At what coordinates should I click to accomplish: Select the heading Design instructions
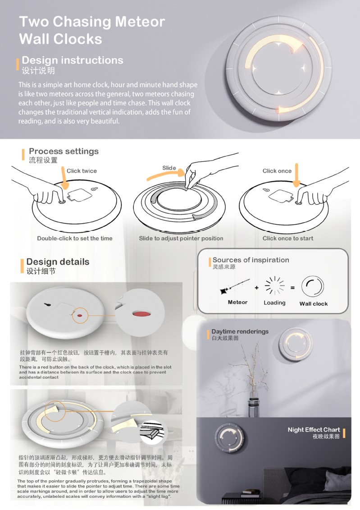(x=73, y=60)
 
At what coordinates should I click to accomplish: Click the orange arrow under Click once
(x=296, y=175)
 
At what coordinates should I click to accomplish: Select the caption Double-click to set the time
(x=75, y=239)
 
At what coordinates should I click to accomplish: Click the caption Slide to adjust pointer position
(x=181, y=239)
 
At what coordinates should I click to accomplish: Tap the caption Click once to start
(x=288, y=239)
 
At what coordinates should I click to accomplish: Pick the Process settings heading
(x=64, y=151)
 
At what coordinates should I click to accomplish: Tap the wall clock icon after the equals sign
(x=313, y=286)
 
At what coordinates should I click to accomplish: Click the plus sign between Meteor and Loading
(x=257, y=288)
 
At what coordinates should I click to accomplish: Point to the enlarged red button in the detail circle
(x=142, y=313)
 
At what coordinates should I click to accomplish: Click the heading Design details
(x=58, y=262)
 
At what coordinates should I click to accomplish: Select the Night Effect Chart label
(x=314, y=430)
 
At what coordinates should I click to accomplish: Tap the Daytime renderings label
(x=240, y=331)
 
